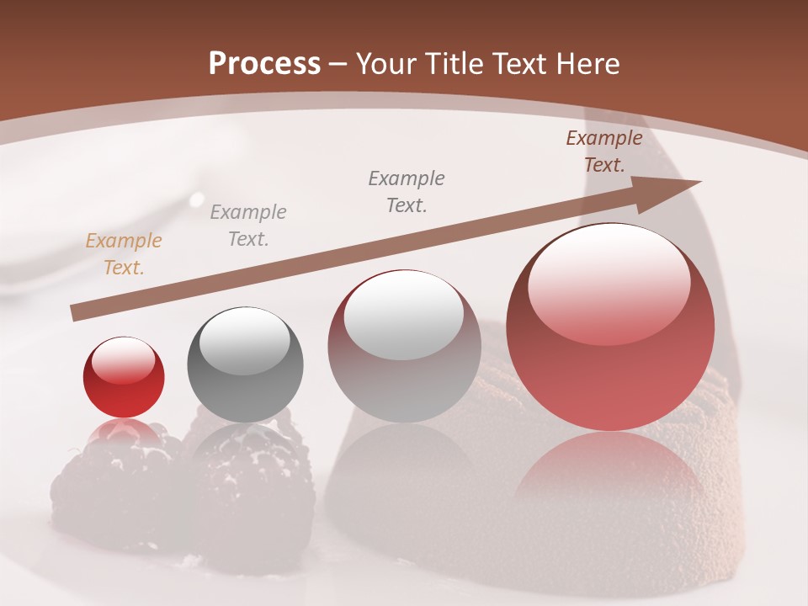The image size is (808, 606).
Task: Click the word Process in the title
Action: coord(264,64)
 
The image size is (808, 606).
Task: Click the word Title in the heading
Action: coord(454,64)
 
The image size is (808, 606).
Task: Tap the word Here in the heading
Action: coord(588,64)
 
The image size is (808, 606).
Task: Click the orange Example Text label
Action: coord(124,254)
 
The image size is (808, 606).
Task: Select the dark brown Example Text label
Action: coord(604,151)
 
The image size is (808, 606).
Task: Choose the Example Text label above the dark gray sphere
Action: coord(248,225)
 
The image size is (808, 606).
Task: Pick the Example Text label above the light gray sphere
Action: coord(407,191)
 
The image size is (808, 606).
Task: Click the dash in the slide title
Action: coord(338,64)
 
